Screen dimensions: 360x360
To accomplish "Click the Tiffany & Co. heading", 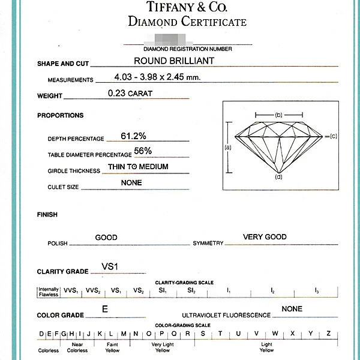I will (187, 7).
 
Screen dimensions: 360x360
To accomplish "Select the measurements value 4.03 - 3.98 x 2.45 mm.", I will (157, 77).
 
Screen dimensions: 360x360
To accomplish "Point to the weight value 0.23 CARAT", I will (130, 93).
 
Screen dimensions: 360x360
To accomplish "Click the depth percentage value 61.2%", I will (133, 136).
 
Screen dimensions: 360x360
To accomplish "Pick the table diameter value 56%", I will (143, 151).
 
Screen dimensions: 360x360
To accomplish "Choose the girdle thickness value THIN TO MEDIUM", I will (138, 167).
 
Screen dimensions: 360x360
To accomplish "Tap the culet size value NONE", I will (131, 183).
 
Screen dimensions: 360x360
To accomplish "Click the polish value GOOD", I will (106, 238).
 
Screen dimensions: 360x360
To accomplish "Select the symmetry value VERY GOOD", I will (265, 237).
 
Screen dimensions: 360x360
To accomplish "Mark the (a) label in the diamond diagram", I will (227, 146).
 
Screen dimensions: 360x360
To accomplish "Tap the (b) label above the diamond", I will (278, 114).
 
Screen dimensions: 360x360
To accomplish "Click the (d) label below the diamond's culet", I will (278, 177).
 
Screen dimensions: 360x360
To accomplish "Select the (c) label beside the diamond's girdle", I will (334, 136).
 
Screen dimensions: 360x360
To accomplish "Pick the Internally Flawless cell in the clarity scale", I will (49, 291).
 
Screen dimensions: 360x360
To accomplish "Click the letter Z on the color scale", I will (328, 334).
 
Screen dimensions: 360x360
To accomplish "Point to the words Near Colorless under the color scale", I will (77, 347).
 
